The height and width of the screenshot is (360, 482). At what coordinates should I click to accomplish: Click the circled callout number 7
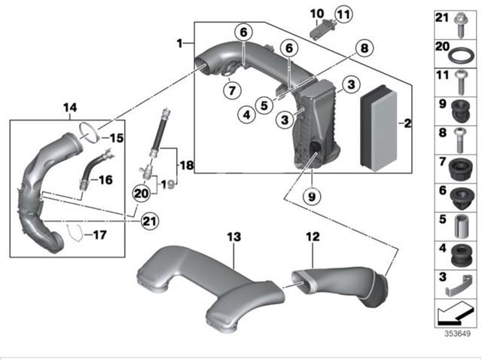[232, 90]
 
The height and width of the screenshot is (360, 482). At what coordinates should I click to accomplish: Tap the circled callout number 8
[364, 48]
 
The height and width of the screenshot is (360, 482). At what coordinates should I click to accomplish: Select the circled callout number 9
[312, 196]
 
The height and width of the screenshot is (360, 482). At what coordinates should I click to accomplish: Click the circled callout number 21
[150, 221]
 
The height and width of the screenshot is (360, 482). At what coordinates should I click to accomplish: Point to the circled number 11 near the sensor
[343, 14]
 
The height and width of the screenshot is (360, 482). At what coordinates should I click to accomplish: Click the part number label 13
[234, 237]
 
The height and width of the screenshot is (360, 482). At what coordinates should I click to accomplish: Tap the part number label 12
[313, 236]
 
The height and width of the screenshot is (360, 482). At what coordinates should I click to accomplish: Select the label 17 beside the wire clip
[99, 235]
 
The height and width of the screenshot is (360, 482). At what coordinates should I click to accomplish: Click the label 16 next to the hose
[105, 180]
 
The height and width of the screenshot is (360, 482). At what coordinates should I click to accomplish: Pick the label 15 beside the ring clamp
[117, 138]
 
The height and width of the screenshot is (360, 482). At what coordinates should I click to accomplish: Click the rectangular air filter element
[379, 128]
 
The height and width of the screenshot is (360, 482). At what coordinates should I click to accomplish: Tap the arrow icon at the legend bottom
[454, 313]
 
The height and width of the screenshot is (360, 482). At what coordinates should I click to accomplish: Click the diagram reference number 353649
[457, 334]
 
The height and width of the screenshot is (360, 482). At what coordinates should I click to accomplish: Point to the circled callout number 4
[246, 114]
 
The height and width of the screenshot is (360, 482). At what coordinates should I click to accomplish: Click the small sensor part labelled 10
[319, 29]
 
